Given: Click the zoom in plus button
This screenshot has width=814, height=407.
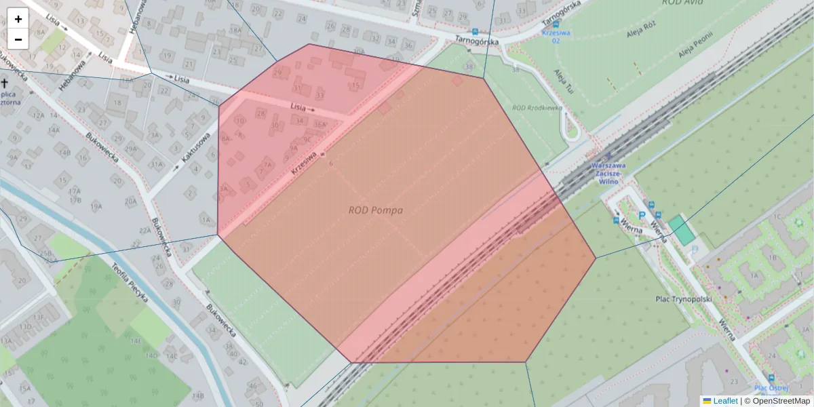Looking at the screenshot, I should (x=18, y=19).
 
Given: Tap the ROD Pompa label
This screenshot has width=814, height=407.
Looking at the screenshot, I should (x=375, y=210).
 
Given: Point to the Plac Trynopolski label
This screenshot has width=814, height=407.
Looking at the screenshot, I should (x=683, y=298).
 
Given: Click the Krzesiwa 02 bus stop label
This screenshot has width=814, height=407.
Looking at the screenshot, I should (x=551, y=36).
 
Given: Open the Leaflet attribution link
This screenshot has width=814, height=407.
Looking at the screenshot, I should (x=724, y=401).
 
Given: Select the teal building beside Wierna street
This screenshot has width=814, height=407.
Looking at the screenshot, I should (x=681, y=231).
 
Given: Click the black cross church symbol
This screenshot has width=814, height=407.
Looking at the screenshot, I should (x=5, y=83).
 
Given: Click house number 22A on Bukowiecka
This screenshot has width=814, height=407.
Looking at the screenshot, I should (x=144, y=231).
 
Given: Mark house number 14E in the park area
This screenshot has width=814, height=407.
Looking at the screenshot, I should (x=136, y=341).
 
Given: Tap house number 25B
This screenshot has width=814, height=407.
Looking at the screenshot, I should (x=45, y=253).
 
